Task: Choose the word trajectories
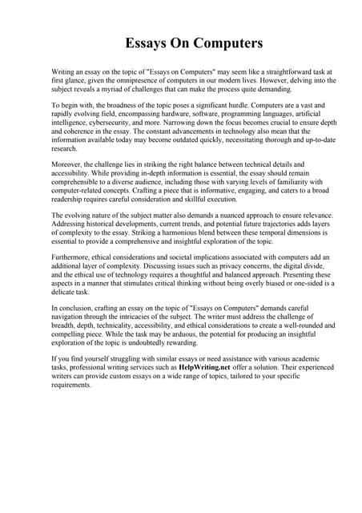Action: coord(255,225)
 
